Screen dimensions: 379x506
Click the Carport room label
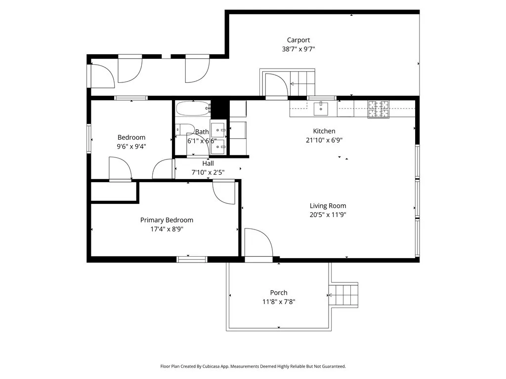pos(298,40)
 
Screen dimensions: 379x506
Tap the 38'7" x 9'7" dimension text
pos(298,49)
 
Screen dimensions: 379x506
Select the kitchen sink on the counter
pos(321,108)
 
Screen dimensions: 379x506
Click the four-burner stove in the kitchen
pos(378,109)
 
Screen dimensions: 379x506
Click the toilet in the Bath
pos(185,129)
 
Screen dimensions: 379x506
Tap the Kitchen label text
pos(324,131)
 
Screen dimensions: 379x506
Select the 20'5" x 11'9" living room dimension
pos(328,215)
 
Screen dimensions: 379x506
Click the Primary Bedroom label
pos(167,220)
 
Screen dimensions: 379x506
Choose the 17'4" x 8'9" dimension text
pos(167,229)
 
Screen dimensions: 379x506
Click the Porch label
pos(279,293)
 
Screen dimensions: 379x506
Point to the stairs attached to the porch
pos(344,295)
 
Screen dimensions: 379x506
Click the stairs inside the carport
pos(302,83)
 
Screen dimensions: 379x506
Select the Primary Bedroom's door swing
pos(224,191)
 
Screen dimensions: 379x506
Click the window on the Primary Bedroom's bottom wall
pos(192,259)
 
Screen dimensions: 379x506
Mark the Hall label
pos(208,163)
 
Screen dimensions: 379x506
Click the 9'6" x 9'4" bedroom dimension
pos(131,146)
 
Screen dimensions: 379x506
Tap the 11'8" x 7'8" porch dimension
pos(279,302)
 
